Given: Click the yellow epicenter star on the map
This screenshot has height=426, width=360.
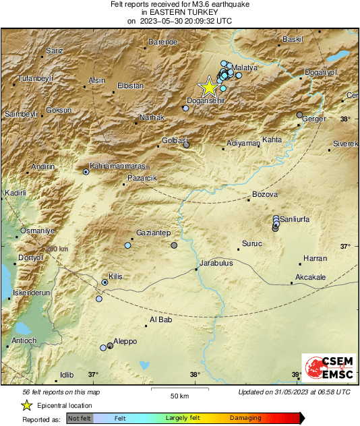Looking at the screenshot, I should click(209, 87).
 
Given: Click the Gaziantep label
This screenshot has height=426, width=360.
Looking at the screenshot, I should click(152, 232).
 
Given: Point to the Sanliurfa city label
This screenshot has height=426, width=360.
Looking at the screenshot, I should click(299, 219).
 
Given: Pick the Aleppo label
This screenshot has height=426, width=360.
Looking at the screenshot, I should click(125, 341).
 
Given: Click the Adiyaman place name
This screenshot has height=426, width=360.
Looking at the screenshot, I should click(243, 143).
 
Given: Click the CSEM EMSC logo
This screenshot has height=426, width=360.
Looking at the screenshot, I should click(326, 368).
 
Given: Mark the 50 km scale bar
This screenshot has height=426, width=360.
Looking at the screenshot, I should click(179, 390).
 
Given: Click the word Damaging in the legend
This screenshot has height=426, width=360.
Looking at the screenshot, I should click(246, 418).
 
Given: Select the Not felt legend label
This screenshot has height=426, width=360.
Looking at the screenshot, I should click(80, 418).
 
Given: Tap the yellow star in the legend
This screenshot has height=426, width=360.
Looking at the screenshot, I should click(26, 405).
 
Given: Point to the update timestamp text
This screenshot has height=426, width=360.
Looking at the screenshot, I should click(294, 392).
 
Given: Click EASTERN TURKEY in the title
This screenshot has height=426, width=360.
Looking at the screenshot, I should click(179, 12).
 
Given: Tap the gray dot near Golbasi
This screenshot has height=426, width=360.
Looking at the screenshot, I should click(187, 144).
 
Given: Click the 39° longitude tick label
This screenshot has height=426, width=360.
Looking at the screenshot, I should click(296, 375).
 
